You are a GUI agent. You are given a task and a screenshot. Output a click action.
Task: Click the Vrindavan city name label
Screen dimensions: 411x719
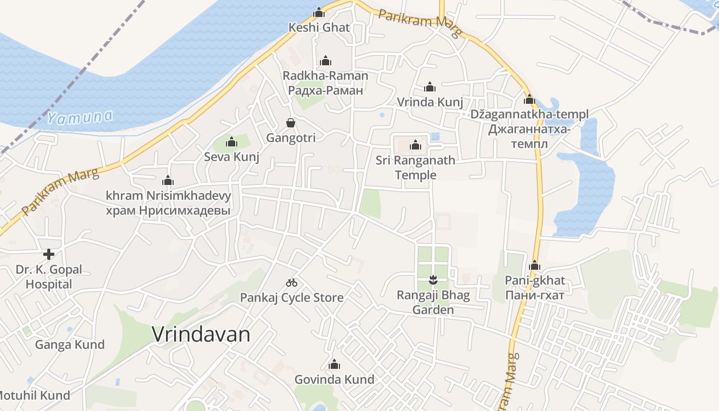201,334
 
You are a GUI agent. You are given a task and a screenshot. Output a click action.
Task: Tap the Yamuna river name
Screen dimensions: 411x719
80,118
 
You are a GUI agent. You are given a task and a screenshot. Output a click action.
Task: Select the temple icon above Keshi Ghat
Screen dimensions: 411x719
319,12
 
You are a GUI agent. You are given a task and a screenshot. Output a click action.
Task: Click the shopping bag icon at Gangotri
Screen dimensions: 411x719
291,123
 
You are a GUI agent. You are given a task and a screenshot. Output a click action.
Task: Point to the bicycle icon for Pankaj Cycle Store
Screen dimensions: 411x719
292,283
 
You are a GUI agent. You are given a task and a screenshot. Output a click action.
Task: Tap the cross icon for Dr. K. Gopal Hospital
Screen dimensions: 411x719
49,254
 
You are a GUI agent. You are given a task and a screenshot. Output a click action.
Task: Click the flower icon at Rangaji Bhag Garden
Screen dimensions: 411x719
433,280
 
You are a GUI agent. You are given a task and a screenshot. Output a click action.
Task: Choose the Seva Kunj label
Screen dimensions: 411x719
232,157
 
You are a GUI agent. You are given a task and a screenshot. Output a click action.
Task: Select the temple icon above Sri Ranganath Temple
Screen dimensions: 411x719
415,145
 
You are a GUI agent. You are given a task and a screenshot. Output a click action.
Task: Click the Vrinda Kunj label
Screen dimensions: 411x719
430,102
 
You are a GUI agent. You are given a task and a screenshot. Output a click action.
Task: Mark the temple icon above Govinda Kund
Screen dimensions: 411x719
334,365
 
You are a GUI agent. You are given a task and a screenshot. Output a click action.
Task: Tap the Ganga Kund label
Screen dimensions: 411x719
70,344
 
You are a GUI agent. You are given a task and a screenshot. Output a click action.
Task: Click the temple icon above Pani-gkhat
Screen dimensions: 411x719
535,266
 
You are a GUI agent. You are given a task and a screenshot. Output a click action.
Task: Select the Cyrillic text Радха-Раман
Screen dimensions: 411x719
326,90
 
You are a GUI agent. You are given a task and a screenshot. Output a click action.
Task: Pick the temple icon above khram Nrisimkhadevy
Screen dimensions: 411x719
168,180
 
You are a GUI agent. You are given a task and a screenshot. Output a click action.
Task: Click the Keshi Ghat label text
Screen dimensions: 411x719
319,27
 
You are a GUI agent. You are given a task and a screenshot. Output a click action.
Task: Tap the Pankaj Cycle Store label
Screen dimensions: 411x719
292,297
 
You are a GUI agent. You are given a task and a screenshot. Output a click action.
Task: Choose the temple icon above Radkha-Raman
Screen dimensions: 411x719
326,61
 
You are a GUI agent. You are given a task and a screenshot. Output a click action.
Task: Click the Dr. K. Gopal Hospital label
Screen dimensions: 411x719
49,277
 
